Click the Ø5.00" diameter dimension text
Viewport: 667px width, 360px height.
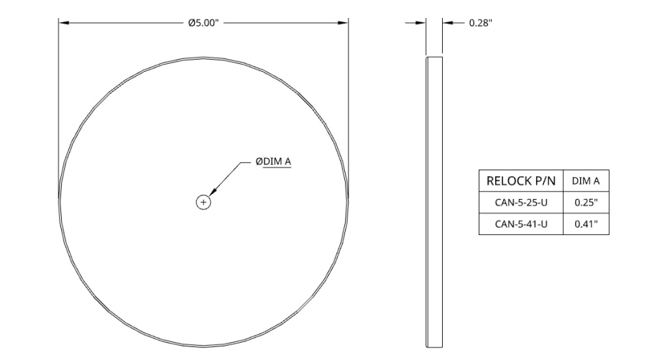click(203, 22)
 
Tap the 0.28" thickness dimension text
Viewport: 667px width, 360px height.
click(481, 23)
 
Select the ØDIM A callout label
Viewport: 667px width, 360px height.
click(273, 162)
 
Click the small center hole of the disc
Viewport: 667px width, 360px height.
click(203, 203)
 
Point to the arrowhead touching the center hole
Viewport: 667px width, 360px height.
click(213, 192)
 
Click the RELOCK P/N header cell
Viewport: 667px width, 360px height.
click(521, 180)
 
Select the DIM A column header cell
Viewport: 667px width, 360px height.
click(586, 180)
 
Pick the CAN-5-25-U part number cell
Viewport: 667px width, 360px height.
click(521, 203)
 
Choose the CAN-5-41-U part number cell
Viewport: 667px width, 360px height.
click(521, 223)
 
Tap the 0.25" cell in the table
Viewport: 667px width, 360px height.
click(586, 203)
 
